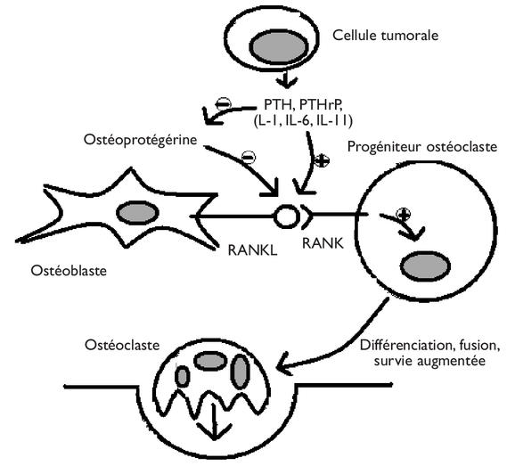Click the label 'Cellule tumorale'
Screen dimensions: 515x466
tap(385, 35)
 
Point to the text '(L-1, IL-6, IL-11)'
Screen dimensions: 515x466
tap(303, 120)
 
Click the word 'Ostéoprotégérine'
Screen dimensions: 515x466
tap(140, 140)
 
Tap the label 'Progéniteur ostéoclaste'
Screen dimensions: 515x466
tap(422, 146)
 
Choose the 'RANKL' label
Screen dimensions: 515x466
tap(252, 250)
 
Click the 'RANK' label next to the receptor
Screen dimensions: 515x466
tap(323, 243)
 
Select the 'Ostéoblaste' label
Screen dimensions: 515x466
tap(69, 271)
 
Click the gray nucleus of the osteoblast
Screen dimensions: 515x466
tap(137, 212)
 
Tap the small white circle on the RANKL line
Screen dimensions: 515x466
tap(286, 217)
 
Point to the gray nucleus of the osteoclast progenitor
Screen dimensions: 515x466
tap(425, 266)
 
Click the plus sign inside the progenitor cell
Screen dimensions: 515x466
tap(404, 214)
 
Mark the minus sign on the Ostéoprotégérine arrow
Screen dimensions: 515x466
tap(249, 158)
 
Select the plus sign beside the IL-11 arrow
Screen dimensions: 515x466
tap(322, 161)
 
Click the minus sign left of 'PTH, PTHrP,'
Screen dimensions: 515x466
tap(223, 104)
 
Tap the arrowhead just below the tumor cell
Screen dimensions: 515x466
tap(286, 83)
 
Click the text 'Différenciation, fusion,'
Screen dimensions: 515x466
tap(430, 346)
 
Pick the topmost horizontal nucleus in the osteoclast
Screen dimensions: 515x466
tap(210, 362)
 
